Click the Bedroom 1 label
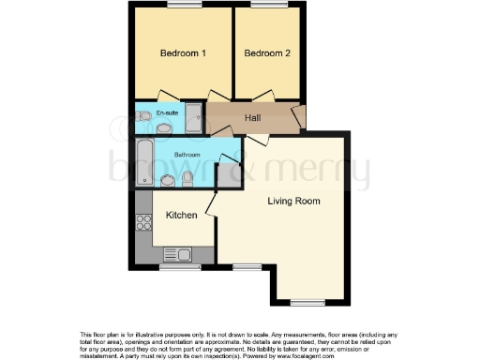tap(184, 53)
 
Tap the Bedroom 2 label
tap(267, 53)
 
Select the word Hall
tap(253, 118)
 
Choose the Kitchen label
tap(181, 216)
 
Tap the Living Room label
tap(293, 201)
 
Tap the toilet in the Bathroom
tap(187, 177)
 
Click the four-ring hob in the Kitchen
tap(145, 223)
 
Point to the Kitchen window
tap(173, 268)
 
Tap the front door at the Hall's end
tap(298, 117)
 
